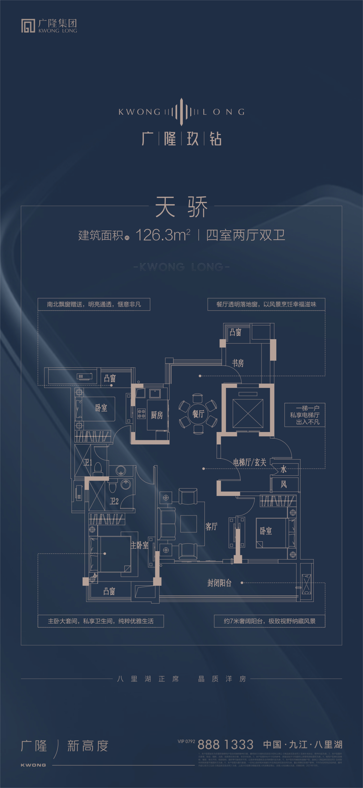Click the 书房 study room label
coord(238,363)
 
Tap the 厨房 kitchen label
coord(157,415)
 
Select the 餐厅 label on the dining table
coord(198,414)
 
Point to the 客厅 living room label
coord(211,526)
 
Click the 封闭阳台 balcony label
coord(219,583)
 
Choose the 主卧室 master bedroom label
coord(139,545)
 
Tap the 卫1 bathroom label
coord(88,462)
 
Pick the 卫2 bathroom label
coord(114,501)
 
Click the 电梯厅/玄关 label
coord(250,462)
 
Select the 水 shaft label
coord(284,469)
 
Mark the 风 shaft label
coord(284,484)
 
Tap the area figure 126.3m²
coord(163,235)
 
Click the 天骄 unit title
coord(182,207)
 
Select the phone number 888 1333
coord(226,744)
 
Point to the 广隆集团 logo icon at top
coord(28,26)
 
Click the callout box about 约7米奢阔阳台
coord(270,621)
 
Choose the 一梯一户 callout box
coord(305,415)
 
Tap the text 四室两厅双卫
coord(245,235)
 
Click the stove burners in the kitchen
coord(141,414)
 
